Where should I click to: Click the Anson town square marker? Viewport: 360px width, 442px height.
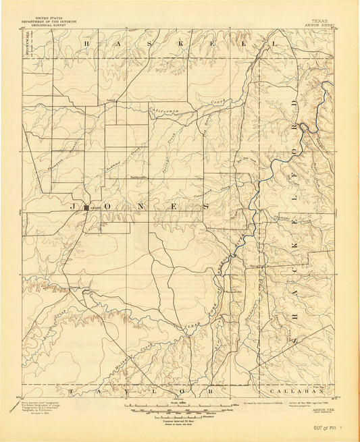coord(86,208)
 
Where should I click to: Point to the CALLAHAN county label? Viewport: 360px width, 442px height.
coord(287,391)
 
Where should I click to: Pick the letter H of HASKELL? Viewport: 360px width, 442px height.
coord(86,43)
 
